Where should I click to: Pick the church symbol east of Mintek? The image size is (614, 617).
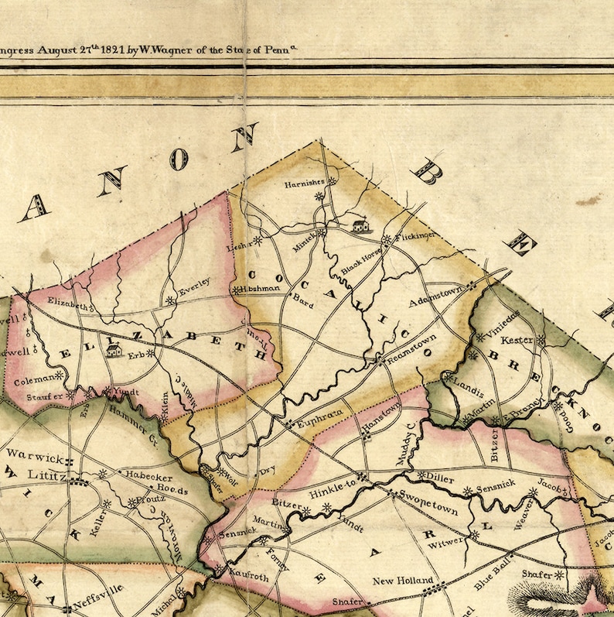(360, 226)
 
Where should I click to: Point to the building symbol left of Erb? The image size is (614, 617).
(114, 351)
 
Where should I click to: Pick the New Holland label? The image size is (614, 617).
(397, 581)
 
